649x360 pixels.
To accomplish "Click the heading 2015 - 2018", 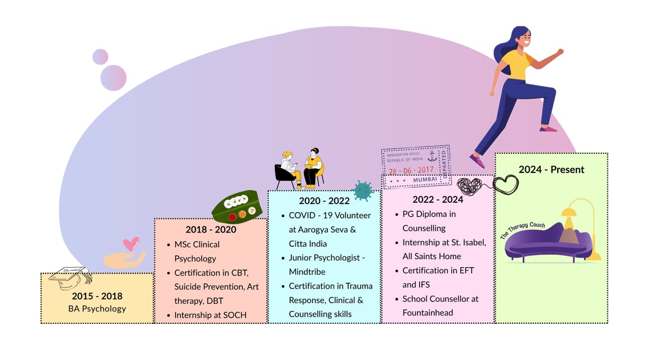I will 97,296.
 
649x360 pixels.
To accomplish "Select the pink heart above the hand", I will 131,243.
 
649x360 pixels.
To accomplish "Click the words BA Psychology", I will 97,308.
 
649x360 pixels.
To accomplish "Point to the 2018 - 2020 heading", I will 211,229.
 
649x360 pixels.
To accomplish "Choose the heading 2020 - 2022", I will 324,201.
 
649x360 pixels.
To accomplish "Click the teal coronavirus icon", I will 362,190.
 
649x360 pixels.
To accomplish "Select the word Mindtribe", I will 307,272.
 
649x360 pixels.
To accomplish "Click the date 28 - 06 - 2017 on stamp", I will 412,170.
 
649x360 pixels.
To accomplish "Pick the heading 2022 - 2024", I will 438,199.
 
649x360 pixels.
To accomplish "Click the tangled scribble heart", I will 470,186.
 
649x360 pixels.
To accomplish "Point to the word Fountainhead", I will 428,313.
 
